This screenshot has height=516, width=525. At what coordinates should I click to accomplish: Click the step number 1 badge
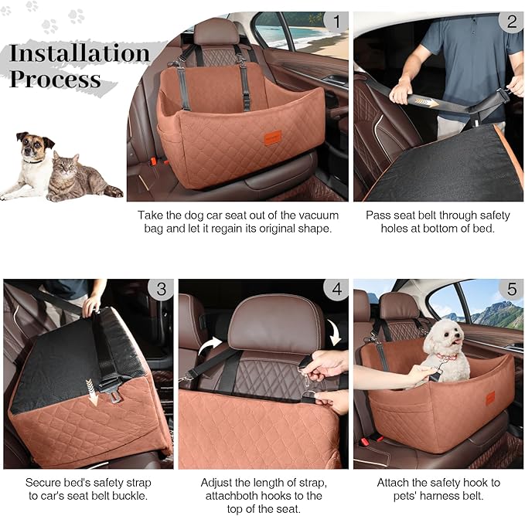334,21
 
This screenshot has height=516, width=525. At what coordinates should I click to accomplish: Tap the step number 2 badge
510,21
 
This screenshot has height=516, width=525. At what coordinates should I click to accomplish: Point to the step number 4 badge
336,290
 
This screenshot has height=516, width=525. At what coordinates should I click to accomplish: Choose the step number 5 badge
511,290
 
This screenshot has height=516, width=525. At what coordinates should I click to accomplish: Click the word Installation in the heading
80,53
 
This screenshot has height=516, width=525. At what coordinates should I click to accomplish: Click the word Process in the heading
55,79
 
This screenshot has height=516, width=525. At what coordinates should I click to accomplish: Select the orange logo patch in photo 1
272,137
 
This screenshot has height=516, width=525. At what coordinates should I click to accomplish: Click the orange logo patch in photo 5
489,398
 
